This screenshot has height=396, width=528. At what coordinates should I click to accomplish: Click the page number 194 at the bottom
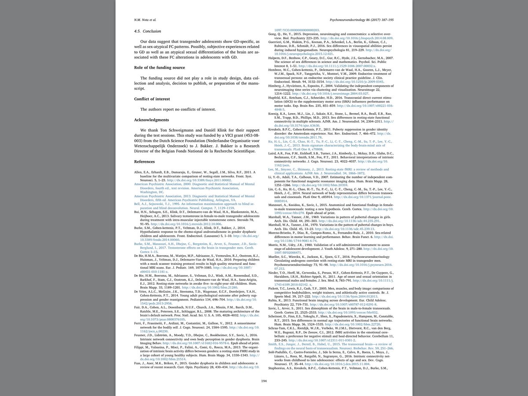pos(264,381)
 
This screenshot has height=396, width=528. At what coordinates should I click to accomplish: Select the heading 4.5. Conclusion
pos(147,31)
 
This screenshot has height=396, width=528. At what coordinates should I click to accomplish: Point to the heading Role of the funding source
pos(159,67)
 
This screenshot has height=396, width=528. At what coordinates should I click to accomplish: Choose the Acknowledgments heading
pos(151,120)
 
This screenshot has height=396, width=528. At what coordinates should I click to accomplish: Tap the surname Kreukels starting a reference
pos(276,130)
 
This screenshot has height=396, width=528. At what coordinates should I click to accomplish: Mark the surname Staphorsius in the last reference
pos(278,368)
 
